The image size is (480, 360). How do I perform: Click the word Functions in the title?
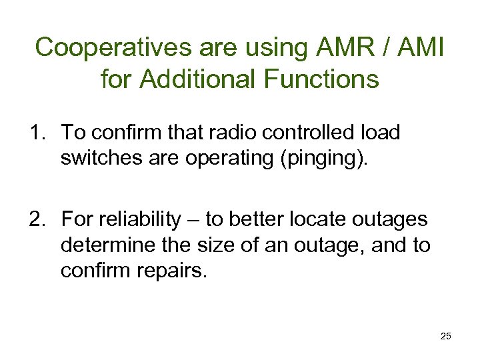[321, 80]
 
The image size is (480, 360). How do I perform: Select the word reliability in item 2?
[136, 219]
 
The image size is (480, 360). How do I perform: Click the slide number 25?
[445, 337]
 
